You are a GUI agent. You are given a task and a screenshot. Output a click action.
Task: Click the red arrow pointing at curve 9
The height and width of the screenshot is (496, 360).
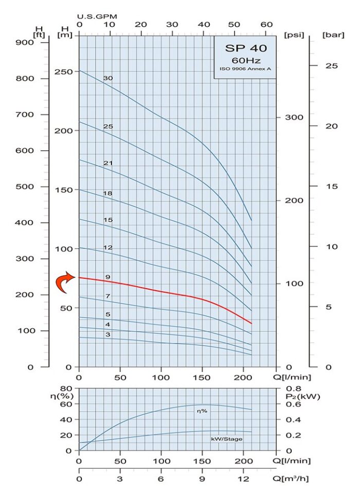(x=65, y=283)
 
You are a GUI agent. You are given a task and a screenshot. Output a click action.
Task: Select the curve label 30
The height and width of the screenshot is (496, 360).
(x=107, y=78)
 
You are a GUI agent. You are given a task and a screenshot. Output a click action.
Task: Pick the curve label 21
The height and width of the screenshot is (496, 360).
(x=107, y=163)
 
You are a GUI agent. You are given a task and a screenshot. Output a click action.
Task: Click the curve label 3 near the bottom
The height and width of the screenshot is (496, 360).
(x=107, y=335)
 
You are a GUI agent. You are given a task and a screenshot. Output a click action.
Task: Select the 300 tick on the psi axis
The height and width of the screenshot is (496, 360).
(x=294, y=117)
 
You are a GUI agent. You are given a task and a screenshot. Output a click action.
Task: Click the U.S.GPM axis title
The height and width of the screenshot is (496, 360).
(x=98, y=16)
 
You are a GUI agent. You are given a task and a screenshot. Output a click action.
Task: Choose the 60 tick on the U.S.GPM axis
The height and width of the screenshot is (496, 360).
(x=266, y=25)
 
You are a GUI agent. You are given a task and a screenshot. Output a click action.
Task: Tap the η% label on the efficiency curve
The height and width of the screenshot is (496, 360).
(x=201, y=412)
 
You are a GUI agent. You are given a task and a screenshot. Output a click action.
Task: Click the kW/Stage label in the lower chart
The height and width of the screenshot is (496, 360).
(x=226, y=439)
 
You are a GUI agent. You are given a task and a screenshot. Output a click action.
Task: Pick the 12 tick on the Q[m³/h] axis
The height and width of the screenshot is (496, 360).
(x=243, y=479)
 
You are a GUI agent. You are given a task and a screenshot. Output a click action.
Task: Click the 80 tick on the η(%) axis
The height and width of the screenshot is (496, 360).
(x=65, y=389)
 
